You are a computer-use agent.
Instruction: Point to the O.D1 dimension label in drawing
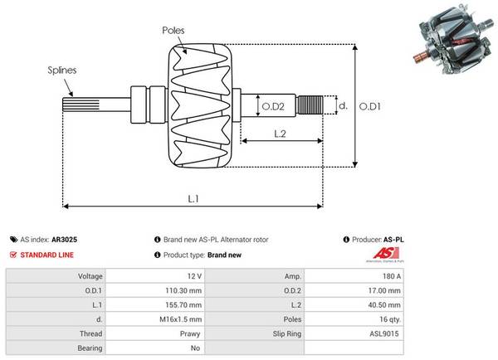pyautogui.click(x=371, y=106)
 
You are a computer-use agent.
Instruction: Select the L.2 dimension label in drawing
pyautogui.click(x=280, y=133)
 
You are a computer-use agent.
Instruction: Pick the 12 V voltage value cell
pyautogui.click(x=194, y=275)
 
